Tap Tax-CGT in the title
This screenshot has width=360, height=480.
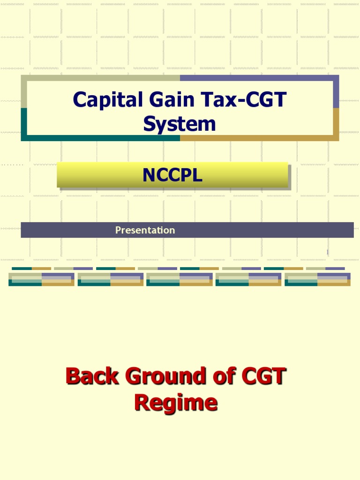point(247,100)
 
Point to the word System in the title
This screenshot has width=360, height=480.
point(180,124)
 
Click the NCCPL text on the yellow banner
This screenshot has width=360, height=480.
point(172,175)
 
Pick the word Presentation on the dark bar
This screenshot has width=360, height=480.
point(145,230)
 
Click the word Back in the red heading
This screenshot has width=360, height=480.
point(92,376)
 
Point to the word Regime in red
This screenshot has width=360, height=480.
point(176,402)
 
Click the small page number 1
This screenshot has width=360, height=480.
point(328,253)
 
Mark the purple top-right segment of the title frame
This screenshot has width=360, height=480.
point(259,78)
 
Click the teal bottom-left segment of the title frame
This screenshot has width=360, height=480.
point(100,138)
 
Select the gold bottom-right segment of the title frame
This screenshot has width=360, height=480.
point(259,138)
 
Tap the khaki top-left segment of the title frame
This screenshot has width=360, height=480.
point(100,78)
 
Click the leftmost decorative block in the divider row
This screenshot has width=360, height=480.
point(41,279)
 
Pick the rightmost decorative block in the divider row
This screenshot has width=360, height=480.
point(317,279)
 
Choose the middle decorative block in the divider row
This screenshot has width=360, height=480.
point(180,279)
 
